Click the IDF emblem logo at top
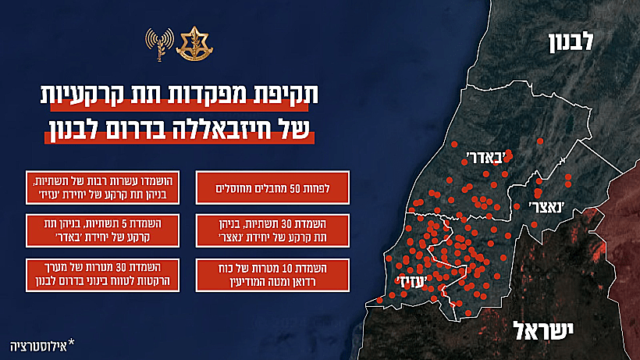pos(190,44)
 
